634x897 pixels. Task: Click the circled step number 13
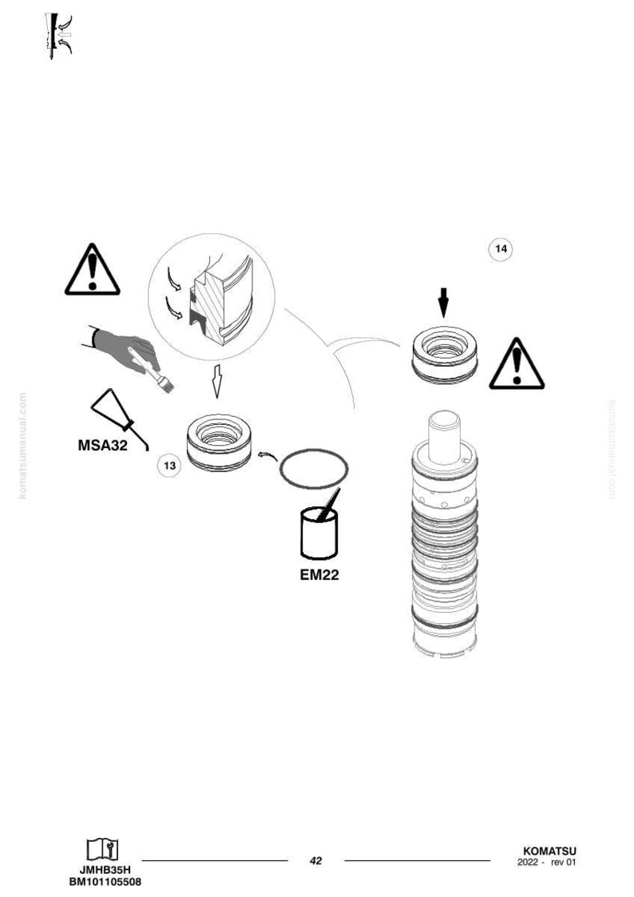(170, 466)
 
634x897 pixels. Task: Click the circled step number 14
(501, 249)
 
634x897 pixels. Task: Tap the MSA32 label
(103, 444)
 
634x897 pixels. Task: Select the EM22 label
(319, 574)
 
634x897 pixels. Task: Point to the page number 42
(315, 859)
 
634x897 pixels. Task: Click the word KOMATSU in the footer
(549, 851)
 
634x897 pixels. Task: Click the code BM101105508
(105, 882)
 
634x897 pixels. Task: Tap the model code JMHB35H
(105, 870)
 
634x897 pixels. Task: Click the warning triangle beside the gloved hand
(92, 270)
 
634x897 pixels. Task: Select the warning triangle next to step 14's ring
(517, 364)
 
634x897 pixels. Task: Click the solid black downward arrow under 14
(444, 302)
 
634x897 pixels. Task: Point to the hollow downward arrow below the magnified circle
(216, 380)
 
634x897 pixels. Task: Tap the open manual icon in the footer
(103, 850)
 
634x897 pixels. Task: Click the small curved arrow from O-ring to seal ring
(267, 455)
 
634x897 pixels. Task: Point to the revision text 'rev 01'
(563, 863)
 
